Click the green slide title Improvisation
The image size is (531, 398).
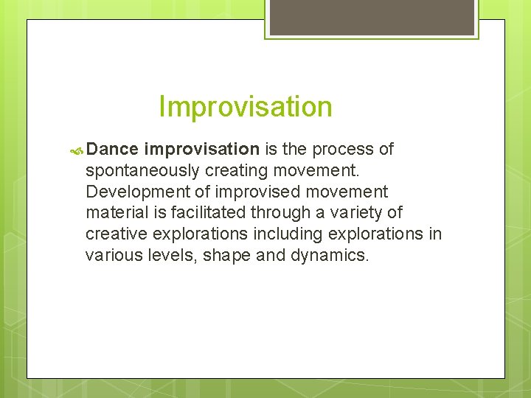245,107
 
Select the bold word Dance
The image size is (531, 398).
112,150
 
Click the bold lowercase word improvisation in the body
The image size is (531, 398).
202,150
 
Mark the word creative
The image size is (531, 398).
115,234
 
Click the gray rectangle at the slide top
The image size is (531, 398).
372,16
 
